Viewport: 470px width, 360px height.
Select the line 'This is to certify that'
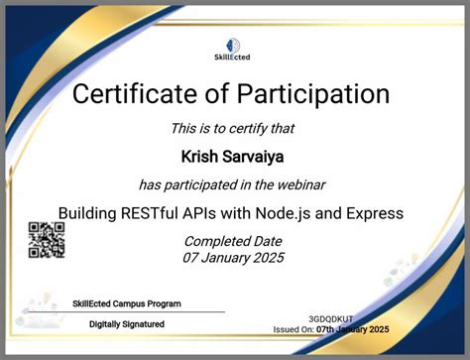click(234, 127)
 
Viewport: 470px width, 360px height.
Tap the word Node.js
click(290, 212)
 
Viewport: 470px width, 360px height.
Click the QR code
click(47, 240)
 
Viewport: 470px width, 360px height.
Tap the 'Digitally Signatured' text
click(127, 324)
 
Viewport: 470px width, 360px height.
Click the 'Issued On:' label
click(294, 330)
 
